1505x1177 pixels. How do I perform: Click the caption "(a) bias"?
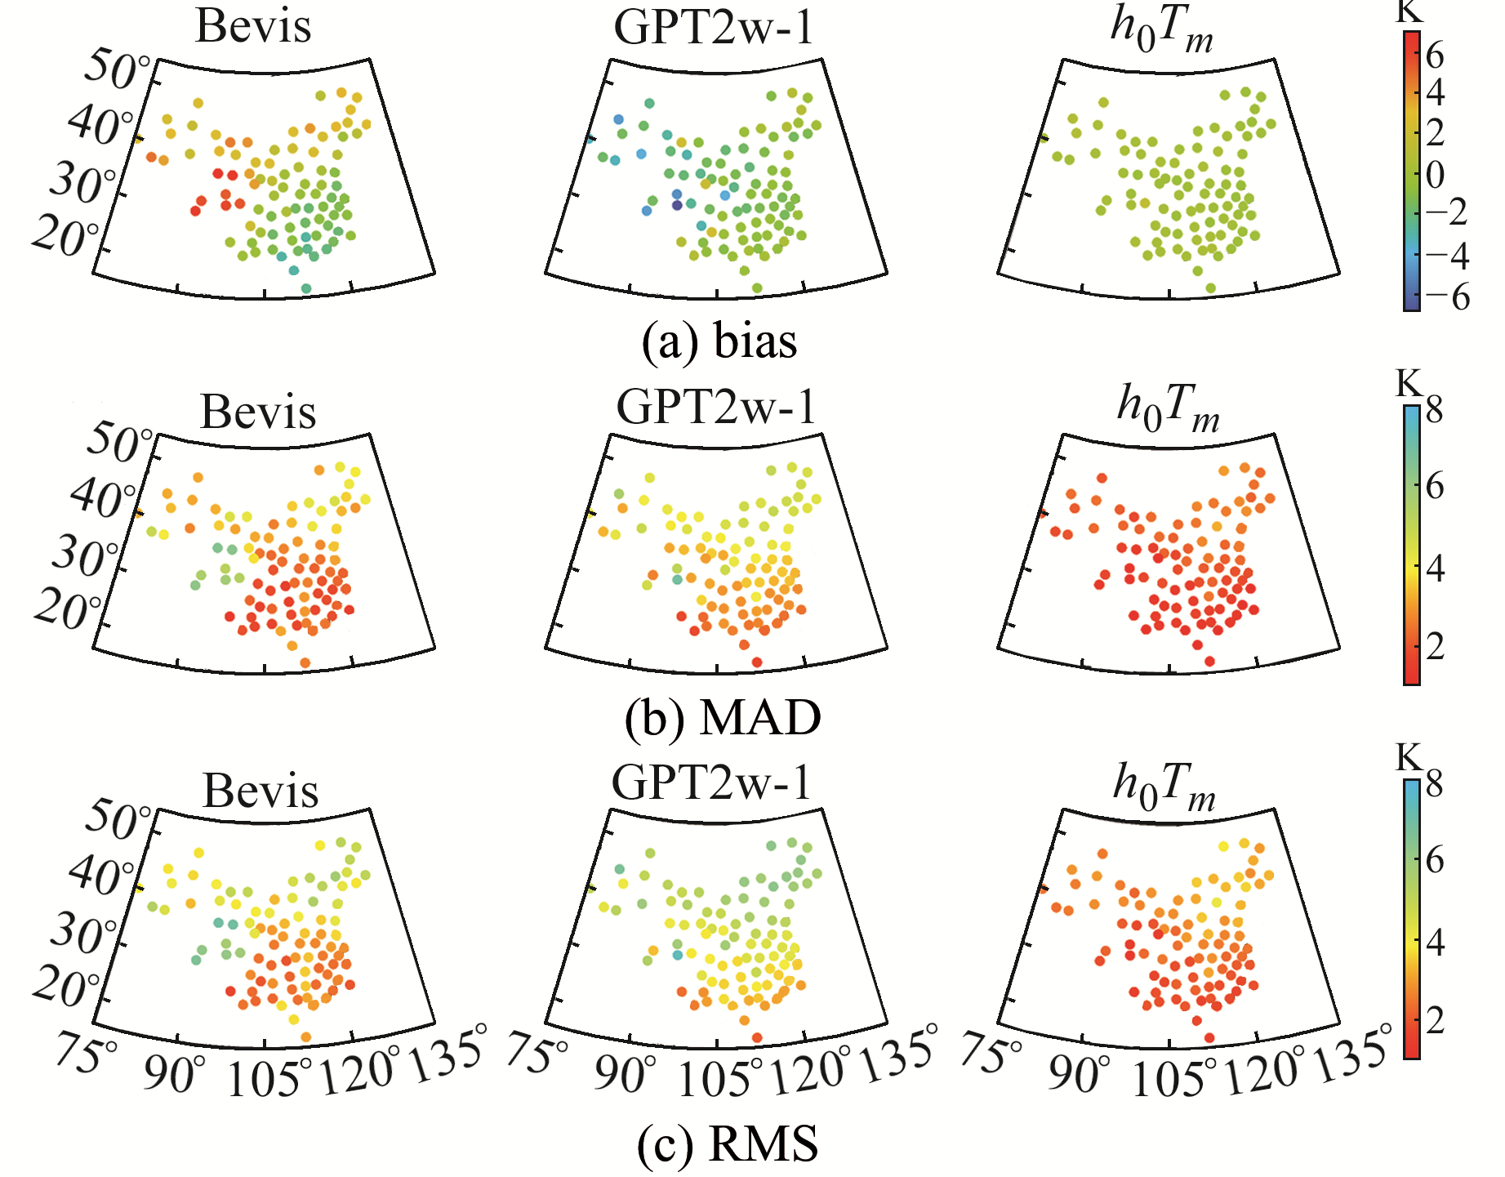719,341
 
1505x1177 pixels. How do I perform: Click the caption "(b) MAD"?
723,719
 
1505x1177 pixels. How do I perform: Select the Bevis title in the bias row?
253,26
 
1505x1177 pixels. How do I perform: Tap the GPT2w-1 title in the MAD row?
716,406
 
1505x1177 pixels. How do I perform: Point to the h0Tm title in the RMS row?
1164,787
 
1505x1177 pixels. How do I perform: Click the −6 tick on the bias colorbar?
1449,297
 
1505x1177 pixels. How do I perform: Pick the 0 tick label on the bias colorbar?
1435,175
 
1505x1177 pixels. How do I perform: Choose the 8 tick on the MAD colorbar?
1434,410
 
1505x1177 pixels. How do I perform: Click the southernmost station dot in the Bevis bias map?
306,288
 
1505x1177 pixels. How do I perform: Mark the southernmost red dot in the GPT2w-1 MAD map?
757,662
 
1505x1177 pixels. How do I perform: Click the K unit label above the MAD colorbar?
1409,382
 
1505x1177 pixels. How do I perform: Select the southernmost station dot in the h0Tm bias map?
1210,288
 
